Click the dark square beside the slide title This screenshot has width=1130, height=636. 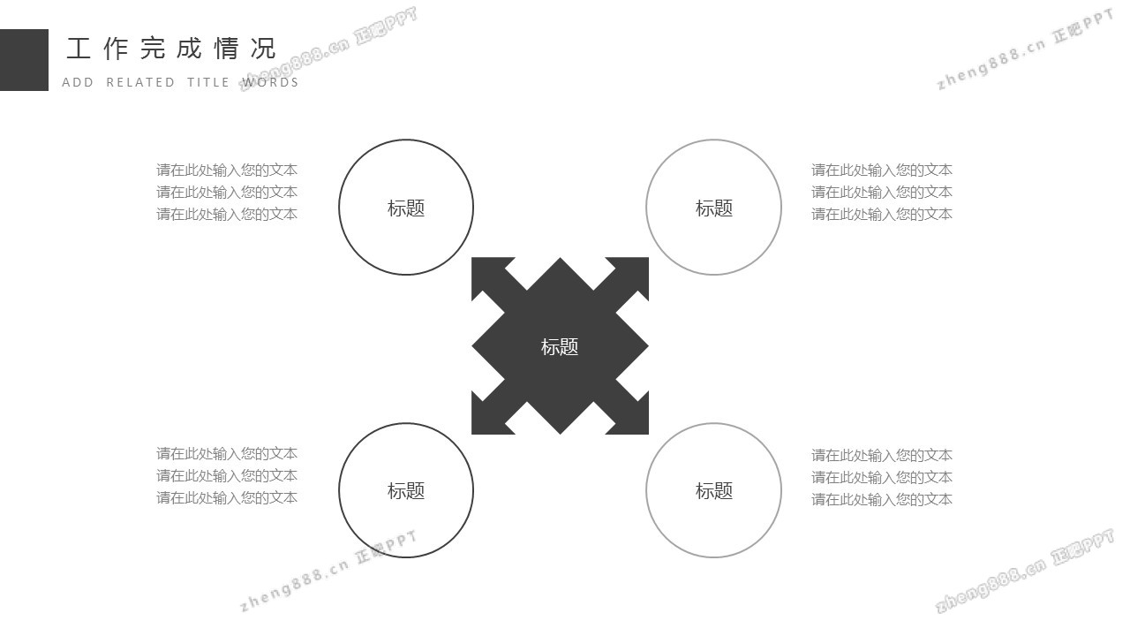click(24, 60)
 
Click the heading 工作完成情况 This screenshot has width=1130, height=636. click(171, 49)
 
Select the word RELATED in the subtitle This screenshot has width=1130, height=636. click(140, 82)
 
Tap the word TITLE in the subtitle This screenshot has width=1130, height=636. click(208, 82)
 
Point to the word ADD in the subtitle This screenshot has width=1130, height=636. click(78, 82)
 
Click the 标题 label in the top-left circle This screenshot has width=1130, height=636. click(406, 208)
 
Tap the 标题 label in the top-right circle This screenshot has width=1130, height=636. click(714, 208)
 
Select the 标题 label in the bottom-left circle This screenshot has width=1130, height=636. click(406, 491)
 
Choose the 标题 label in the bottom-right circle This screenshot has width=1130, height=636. click(714, 491)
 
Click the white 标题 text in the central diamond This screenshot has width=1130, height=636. click(560, 347)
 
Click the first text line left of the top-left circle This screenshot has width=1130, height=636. click(227, 170)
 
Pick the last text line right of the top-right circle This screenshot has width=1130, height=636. click(882, 214)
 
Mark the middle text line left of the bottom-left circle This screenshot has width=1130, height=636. click(227, 475)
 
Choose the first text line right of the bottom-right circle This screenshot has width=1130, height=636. click(882, 456)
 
